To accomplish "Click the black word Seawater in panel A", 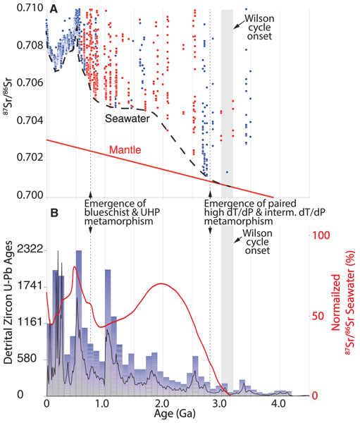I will point(128,121).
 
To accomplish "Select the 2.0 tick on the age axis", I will point(162,405).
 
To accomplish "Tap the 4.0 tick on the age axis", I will point(278,405).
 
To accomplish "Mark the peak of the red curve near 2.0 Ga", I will point(162,283).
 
